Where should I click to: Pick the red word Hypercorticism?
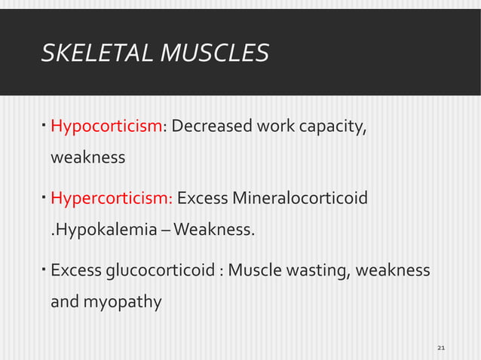pos(111,199)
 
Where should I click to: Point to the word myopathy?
pos(122,303)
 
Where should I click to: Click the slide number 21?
pos(442,347)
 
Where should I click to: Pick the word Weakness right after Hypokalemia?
pos(215,229)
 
